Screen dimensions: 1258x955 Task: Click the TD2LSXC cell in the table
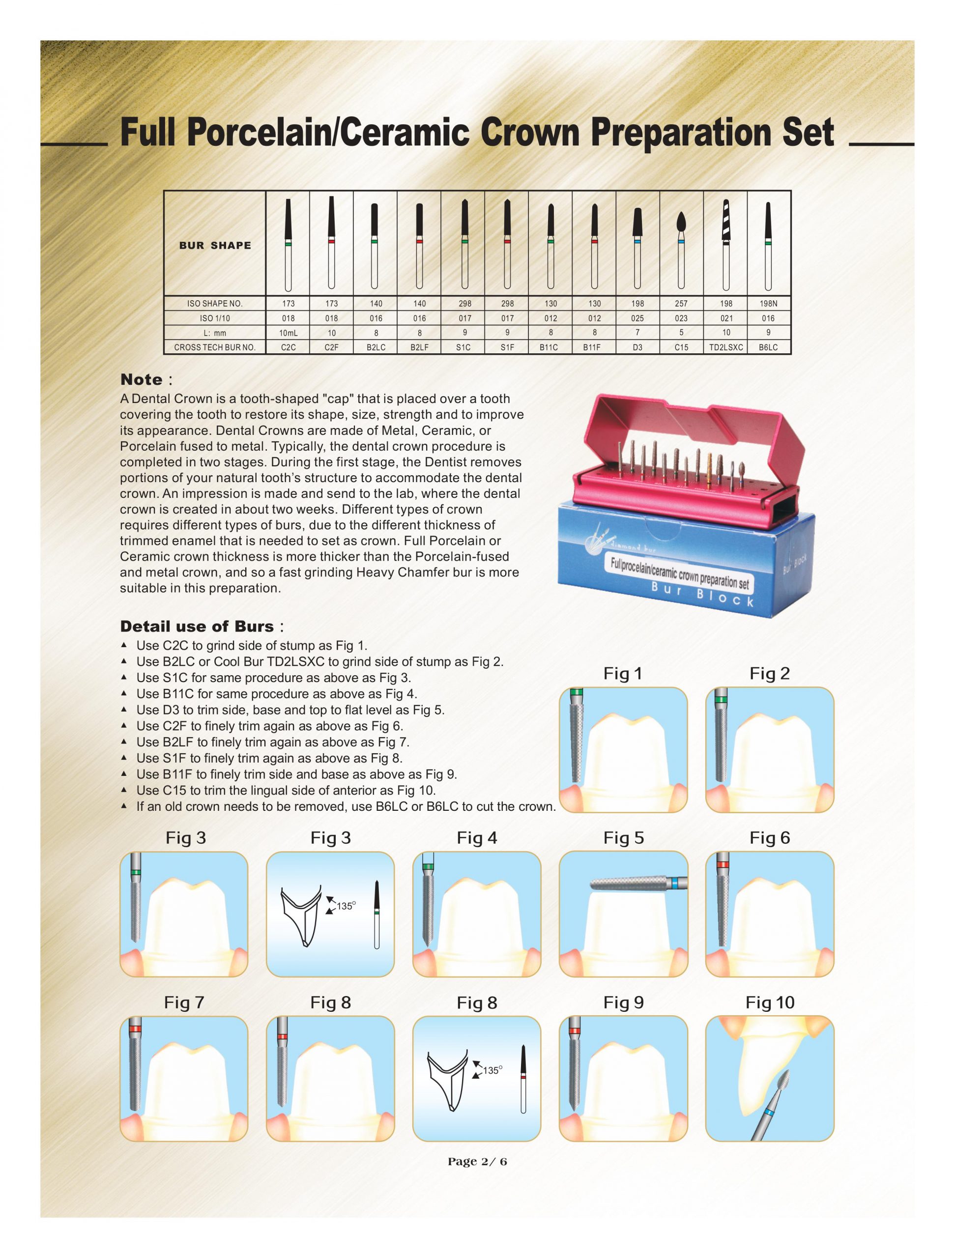click(x=726, y=347)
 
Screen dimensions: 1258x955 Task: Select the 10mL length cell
click(x=288, y=333)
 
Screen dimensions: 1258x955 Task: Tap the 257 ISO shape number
click(x=681, y=304)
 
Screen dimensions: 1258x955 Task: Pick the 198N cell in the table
click(x=768, y=304)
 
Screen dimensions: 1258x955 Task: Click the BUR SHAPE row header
click(x=215, y=246)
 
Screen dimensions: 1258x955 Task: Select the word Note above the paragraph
click(x=141, y=379)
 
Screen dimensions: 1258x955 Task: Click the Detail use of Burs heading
click(x=197, y=626)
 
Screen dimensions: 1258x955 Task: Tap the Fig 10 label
click(x=770, y=1002)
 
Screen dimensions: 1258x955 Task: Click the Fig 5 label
click(x=623, y=838)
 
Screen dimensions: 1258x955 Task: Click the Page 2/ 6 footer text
click(x=477, y=1161)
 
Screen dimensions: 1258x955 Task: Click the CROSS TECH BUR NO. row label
click(x=215, y=347)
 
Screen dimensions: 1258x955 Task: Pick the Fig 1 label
click(x=623, y=673)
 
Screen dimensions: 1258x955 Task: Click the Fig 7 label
click(x=184, y=1002)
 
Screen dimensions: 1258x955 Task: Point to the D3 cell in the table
click(x=637, y=347)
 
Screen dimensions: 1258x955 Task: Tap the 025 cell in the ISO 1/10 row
click(x=637, y=318)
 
